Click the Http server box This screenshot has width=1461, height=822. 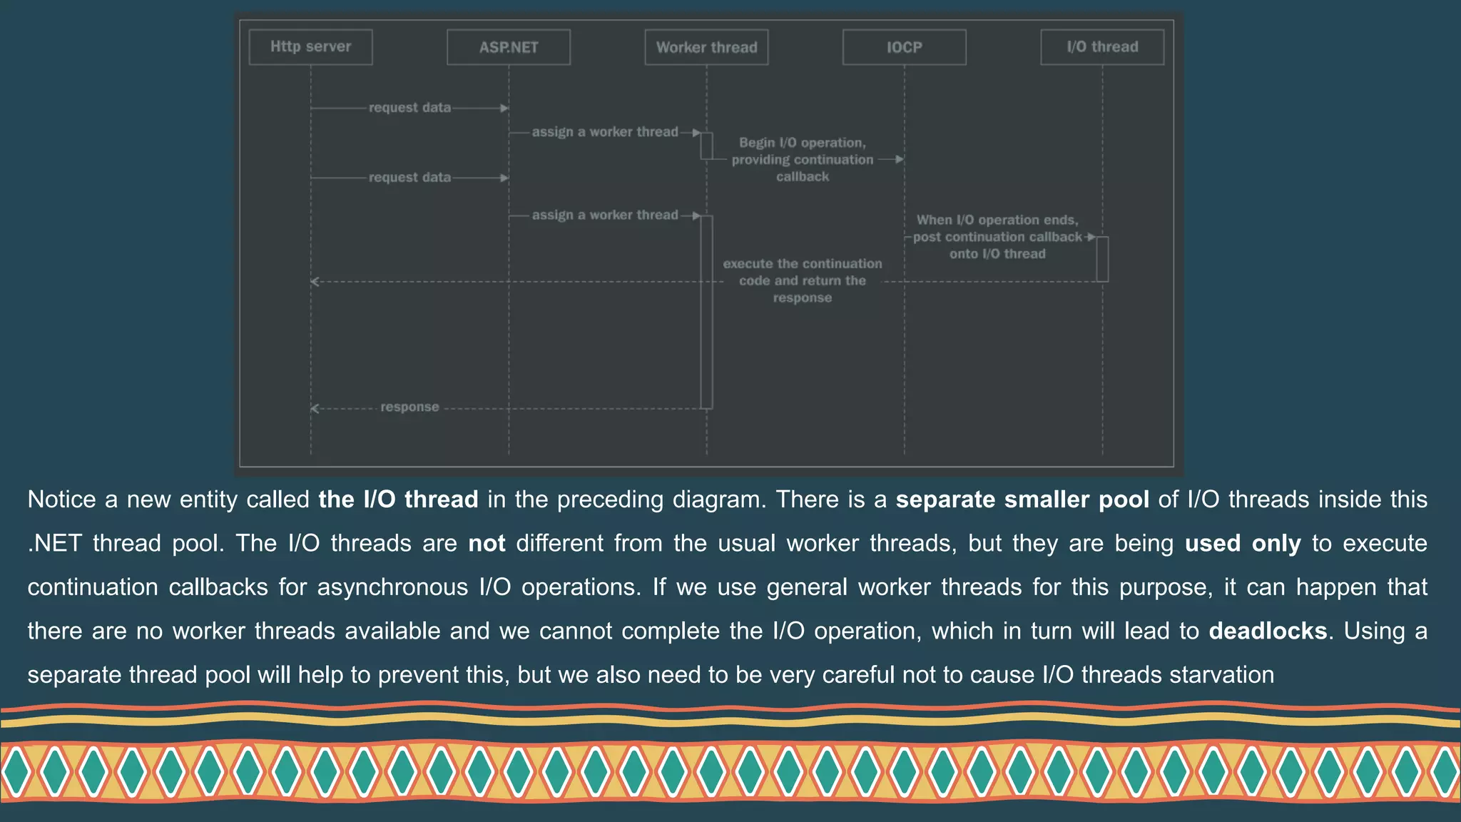[310, 47]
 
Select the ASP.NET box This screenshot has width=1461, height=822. [508, 47]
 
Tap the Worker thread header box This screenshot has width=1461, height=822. [706, 47]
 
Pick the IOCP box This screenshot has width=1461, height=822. [904, 47]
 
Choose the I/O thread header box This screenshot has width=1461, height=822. [1102, 47]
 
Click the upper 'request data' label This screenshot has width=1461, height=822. [409, 108]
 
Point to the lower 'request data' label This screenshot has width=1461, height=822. [409, 177]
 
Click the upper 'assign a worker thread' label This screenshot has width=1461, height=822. [605, 132]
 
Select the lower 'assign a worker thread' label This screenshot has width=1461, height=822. [605, 215]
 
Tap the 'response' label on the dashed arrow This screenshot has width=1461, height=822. [409, 407]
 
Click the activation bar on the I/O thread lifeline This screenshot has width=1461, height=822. [1102, 259]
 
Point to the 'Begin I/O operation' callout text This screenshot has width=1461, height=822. [803, 159]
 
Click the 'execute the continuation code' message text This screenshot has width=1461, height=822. [803, 280]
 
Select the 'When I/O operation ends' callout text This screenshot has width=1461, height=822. [997, 237]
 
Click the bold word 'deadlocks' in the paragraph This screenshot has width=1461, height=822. [1268, 631]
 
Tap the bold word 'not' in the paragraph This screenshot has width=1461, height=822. [487, 544]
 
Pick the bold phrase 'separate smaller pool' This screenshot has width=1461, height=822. [1022, 499]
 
